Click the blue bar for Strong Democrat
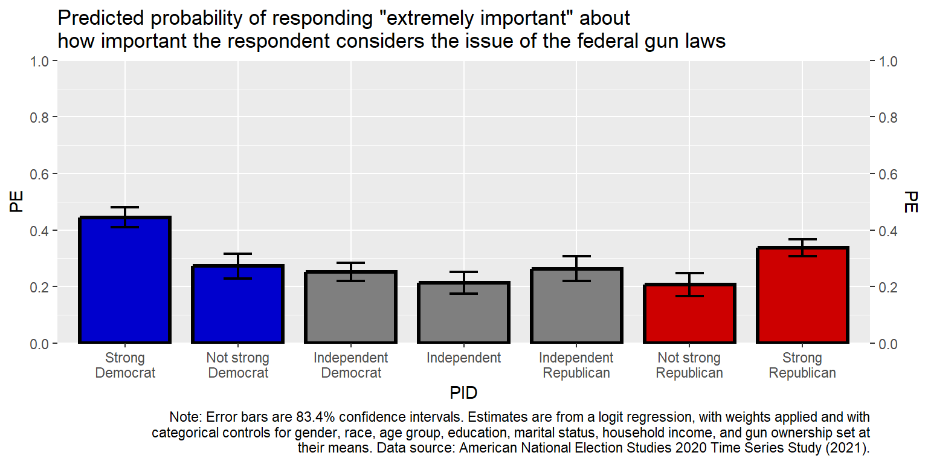125,280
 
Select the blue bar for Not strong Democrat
238,304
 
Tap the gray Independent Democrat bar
351,308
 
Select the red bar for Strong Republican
802,295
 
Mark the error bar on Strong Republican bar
802,247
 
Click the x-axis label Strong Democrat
125,366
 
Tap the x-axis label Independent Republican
576,366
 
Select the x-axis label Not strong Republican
689,366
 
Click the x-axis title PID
463,393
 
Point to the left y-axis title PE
16,202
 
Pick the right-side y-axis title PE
911,202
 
